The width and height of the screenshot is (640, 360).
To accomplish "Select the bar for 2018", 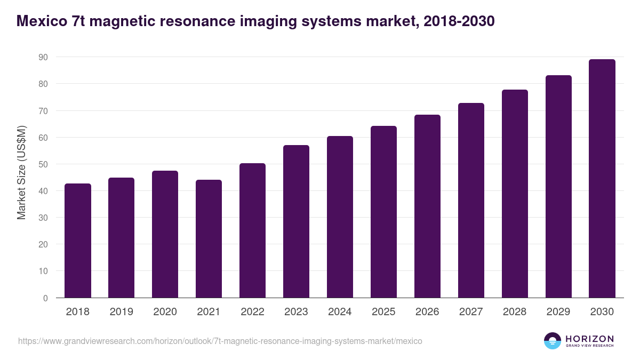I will click(x=78, y=241).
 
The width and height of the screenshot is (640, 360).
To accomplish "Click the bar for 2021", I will click(x=209, y=239).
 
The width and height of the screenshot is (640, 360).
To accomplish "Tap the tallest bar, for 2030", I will click(x=602, y=179).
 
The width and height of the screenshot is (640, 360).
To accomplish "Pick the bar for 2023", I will click(x=296, y=221).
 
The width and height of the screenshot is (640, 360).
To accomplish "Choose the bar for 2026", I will click(x=427, y=206).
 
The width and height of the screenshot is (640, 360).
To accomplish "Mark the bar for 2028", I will click(x=515, y=194).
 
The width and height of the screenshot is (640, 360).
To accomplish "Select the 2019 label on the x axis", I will click(x=121, y=312).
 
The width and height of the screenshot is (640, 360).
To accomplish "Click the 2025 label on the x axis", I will click(x=383, y=312).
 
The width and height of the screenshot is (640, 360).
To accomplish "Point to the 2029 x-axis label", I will click(x=558, y=312).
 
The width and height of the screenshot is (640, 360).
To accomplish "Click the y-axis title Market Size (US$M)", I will click(x=21, y=172).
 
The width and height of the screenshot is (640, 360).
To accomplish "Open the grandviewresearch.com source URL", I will click(x=220, y=341).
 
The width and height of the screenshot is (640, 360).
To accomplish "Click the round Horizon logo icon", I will click(x=553, y=341).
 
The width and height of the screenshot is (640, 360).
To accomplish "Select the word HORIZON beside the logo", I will click(x=589, y=338).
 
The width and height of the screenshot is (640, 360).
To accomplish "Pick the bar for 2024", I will click(x=340, y=217).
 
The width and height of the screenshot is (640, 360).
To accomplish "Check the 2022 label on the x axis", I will click(x=252, y=312).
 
